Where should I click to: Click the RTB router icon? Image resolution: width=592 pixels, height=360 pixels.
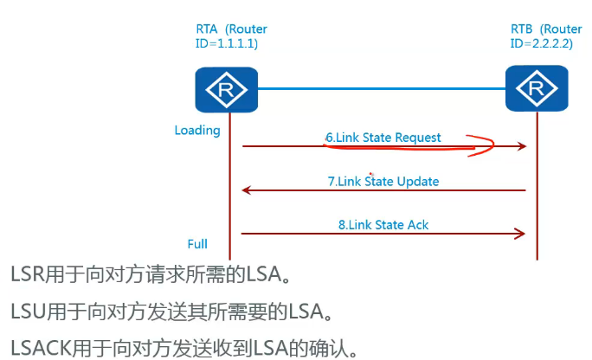point(536,89)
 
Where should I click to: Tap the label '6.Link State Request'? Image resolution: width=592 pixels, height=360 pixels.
point(383,138)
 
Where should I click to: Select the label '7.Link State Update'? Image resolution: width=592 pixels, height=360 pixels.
point(383,182)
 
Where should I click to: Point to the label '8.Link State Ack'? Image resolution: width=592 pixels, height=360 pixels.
point(383,225)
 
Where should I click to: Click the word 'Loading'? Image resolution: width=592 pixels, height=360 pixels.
point(197,131)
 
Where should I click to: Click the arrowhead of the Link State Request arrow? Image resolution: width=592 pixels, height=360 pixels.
point(522,147)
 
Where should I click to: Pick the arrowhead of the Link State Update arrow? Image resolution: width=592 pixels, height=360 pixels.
point(246,190)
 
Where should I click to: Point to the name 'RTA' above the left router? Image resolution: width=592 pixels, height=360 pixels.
point(208,29)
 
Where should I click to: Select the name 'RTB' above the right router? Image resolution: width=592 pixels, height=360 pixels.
point(523,29)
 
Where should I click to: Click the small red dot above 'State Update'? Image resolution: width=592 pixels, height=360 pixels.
point(370,173)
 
